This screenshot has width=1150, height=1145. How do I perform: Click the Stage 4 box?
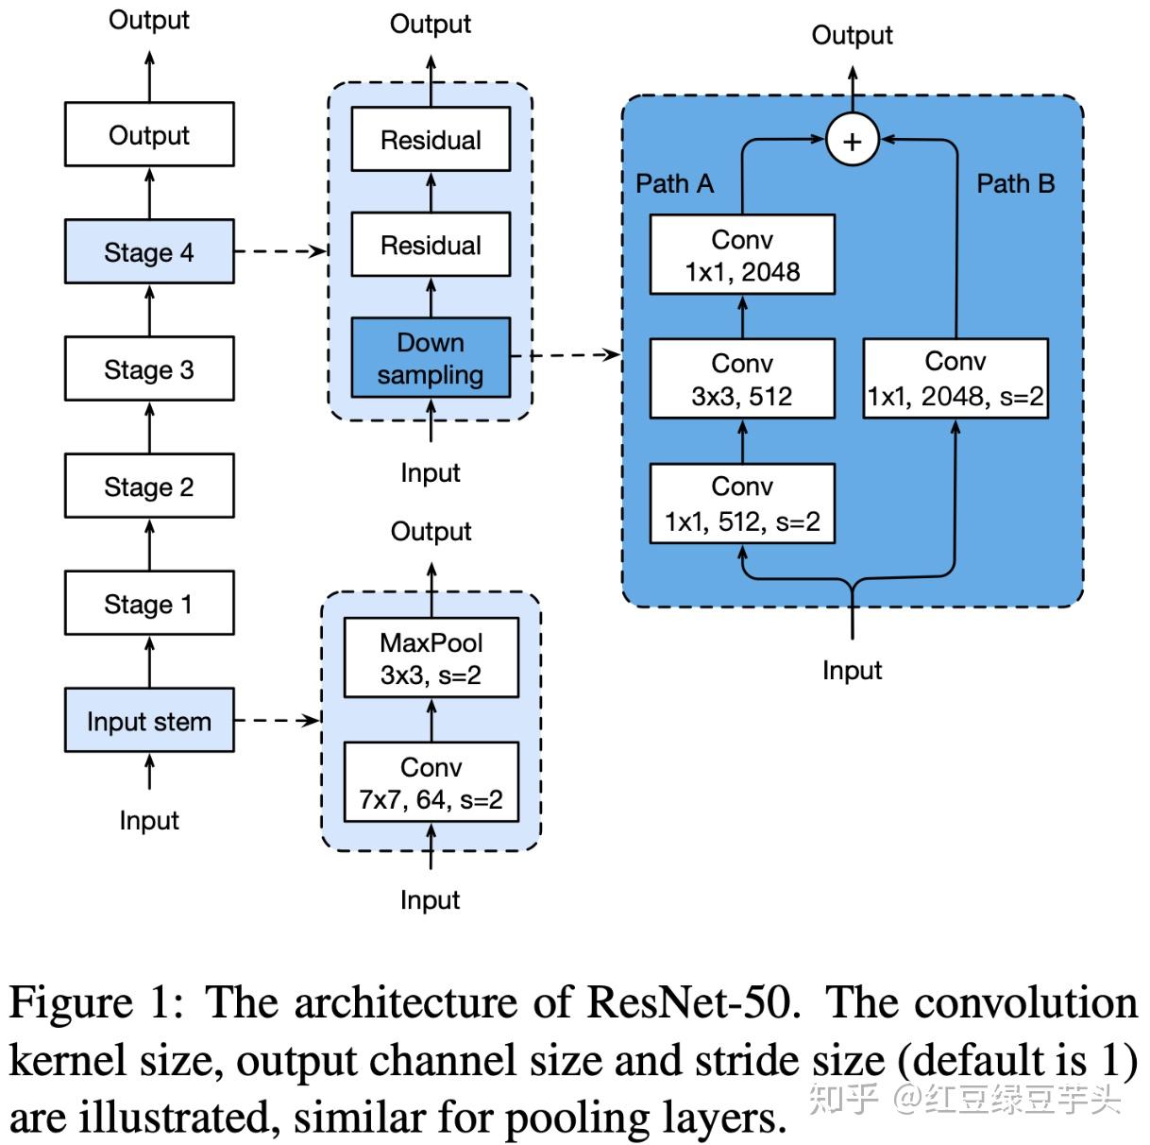click(149, 252)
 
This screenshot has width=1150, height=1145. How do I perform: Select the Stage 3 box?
click(149, 369)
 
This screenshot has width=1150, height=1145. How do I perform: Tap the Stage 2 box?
click(149, 487)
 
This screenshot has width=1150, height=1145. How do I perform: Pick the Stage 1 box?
click(149, 604)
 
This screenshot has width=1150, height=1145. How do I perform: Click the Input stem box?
click(149, 721)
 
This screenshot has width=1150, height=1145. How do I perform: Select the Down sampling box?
click(431, 358)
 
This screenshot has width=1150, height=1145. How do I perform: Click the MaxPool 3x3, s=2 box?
click(431, 658)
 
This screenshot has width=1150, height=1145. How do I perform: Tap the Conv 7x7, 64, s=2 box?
click(431, 782)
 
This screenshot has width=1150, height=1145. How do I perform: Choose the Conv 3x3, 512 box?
click(742, 379)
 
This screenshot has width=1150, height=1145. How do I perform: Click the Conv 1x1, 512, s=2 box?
click(742, 504)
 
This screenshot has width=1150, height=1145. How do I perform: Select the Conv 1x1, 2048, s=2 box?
click(956, 379)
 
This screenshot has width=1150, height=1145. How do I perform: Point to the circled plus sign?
click(853, 142)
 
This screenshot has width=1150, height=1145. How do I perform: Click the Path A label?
click(674, 183)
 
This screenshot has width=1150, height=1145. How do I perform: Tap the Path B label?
click(1015, 183)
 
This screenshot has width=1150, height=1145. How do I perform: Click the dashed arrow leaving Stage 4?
click(280, 251)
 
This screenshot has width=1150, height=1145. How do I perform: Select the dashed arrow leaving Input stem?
click(278, 721)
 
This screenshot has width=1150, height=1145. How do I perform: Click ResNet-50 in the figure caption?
click(693, 1002)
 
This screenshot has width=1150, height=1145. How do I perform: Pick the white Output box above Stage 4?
click(149, 135)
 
